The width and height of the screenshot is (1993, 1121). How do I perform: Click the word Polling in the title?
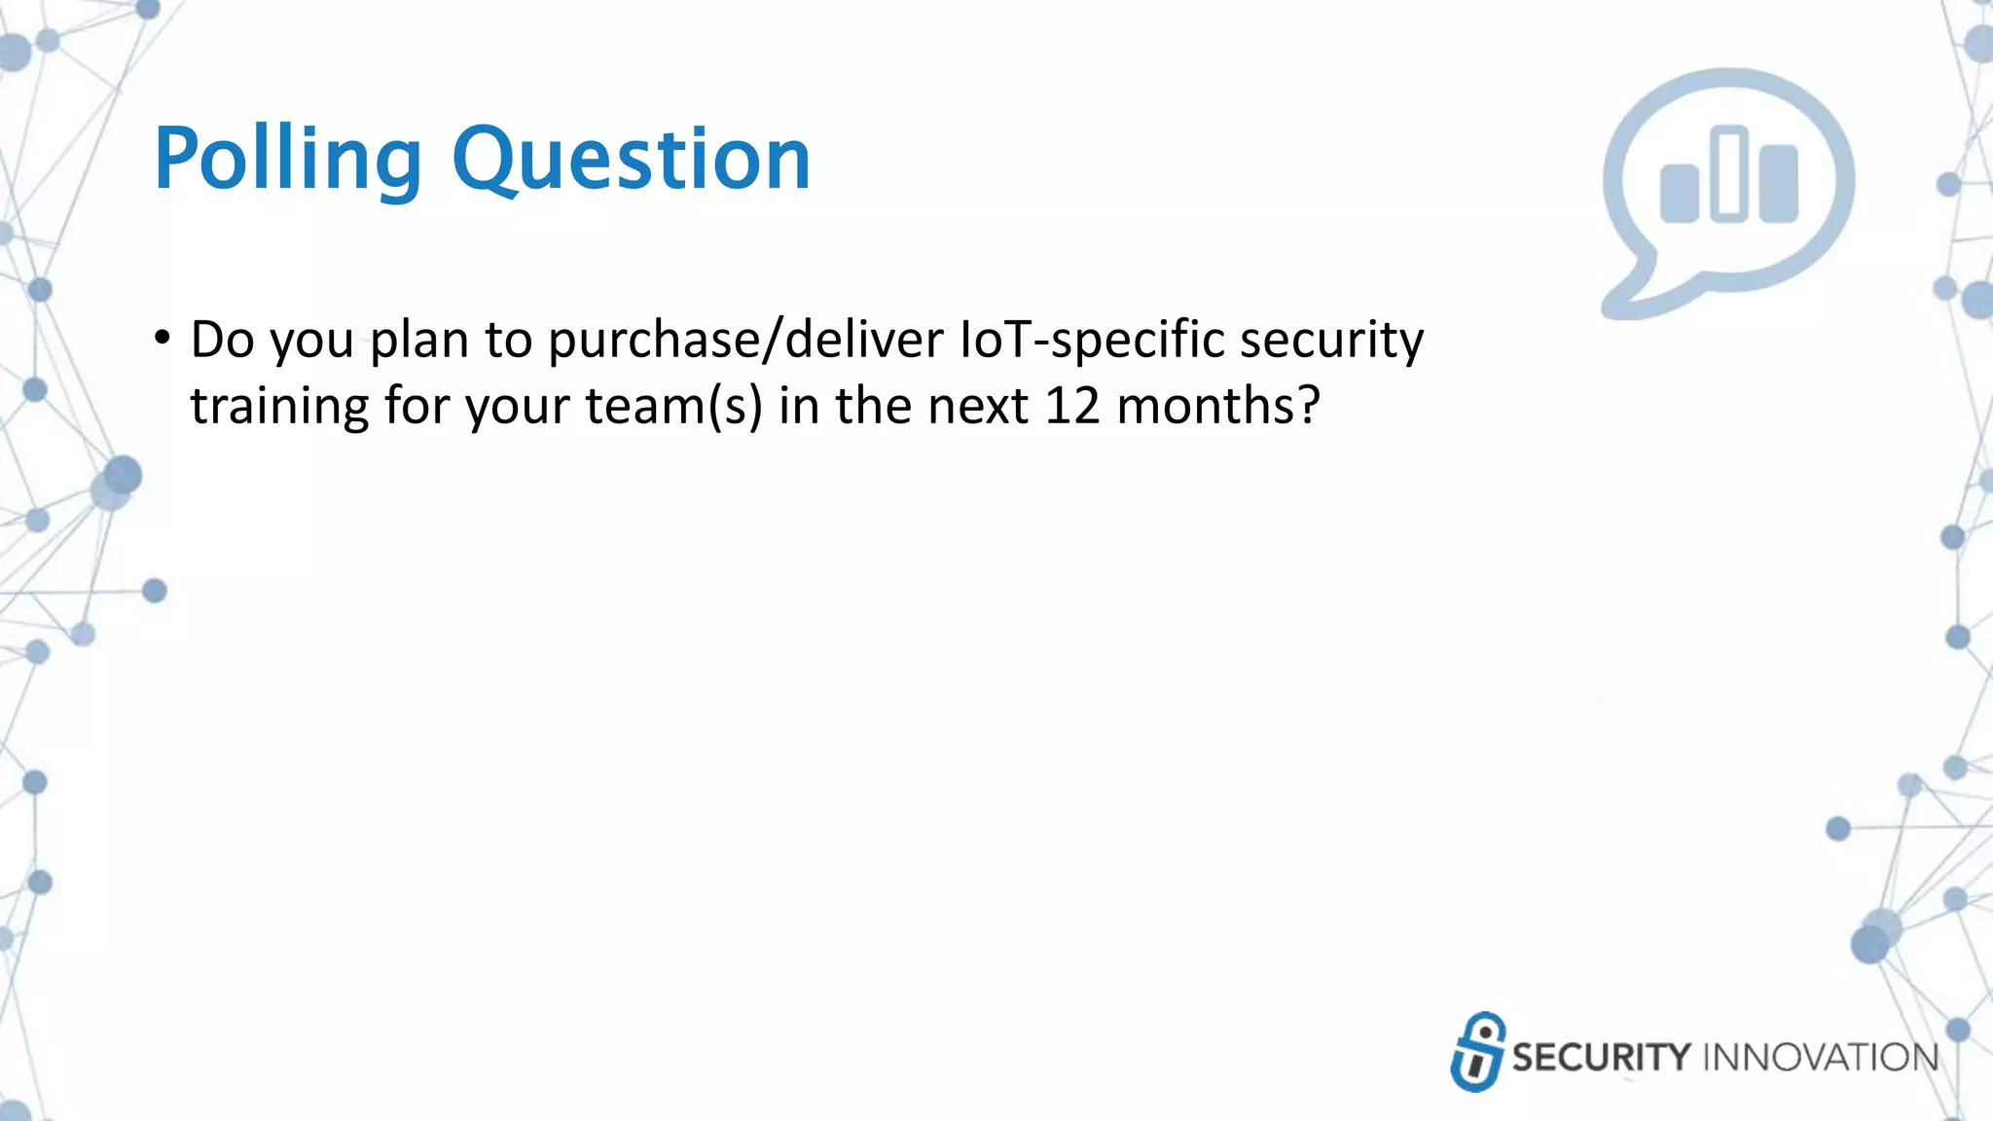tap(287, 160)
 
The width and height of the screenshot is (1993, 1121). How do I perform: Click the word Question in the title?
tap(631, 160)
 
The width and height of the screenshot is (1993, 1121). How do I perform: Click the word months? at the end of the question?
tap(1218, 407)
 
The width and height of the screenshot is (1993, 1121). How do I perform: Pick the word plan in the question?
tap(418, 341)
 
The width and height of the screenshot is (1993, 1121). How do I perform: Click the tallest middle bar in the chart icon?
tap(1729, 174)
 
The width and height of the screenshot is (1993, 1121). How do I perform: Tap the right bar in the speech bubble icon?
tap(1779, 184)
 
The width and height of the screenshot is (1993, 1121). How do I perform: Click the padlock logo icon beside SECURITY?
tap(1477, 1052)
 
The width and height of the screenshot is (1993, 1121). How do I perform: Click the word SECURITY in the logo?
tap(1601, 1058)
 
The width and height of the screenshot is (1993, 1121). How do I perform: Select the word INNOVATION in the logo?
tap(1821, 1058)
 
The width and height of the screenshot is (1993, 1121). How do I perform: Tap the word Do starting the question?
tap(222, 341)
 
